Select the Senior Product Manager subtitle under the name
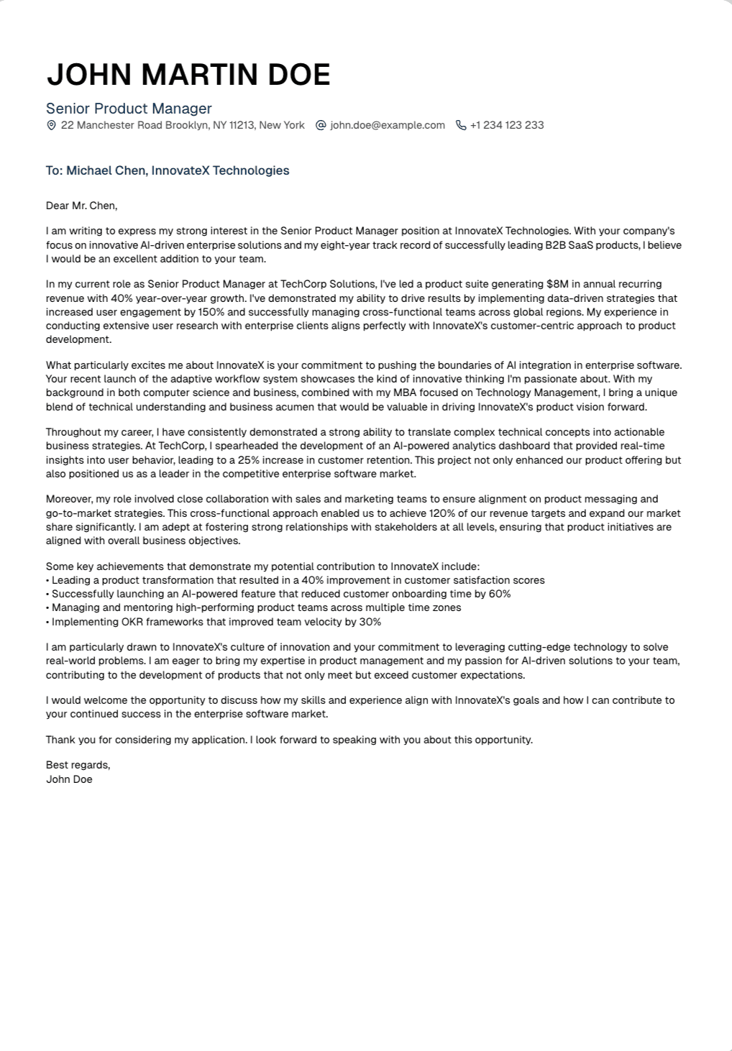(129, 109)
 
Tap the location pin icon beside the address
(51, 125)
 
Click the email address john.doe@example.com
(388, 125)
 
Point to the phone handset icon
(461, 125)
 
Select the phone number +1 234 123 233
(507, 125)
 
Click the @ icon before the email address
(321, 125)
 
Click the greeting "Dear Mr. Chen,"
(81, 206)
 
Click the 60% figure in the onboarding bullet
(500, 594)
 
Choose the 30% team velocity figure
(370, 622)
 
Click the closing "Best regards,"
(78, 765)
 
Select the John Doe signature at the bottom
(69, 779)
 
